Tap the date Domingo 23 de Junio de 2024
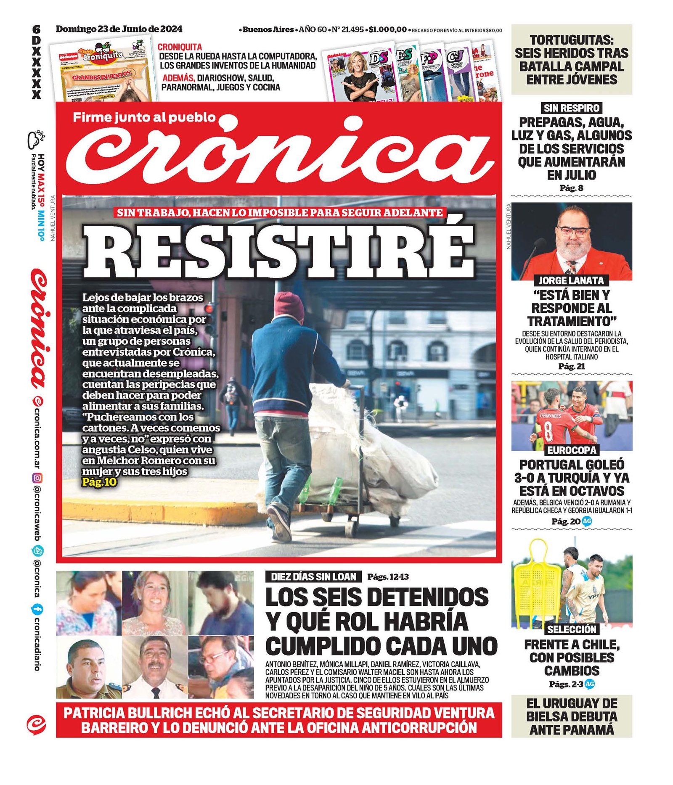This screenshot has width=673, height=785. click(119, 29)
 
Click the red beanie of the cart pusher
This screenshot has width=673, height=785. click(289, 304)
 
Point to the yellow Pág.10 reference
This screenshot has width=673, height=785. click(99, 482)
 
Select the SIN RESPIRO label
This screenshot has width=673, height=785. click(571, 108)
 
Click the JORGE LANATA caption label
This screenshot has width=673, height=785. click(571, 280)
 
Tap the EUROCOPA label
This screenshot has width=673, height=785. click(572, 450)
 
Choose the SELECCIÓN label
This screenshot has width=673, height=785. click(572, 629)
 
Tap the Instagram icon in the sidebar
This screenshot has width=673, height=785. click(37, 478)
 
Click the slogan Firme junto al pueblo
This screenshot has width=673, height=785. click(144, 117)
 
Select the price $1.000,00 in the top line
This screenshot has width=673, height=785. click(387, 29)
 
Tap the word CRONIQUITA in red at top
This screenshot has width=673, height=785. click(180, 47)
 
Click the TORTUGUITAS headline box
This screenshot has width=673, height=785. click(571, 59)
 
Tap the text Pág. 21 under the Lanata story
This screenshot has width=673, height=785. click(571, 366)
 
